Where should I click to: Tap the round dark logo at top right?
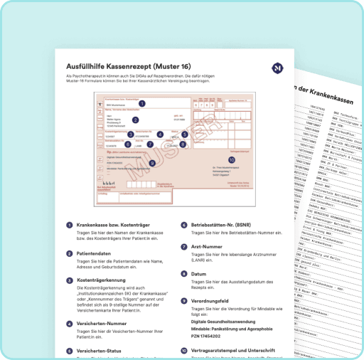click(277, 68)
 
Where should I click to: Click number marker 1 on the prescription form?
click(142, 103)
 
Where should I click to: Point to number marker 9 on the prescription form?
click(152, 163)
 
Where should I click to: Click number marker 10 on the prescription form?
click(231, 159)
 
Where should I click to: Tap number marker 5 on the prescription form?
click(184, 134)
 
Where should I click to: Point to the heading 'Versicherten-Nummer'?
click(104, 324)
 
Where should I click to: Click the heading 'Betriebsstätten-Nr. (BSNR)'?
click(227, 224)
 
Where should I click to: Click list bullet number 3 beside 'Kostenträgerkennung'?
click(67, 281)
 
